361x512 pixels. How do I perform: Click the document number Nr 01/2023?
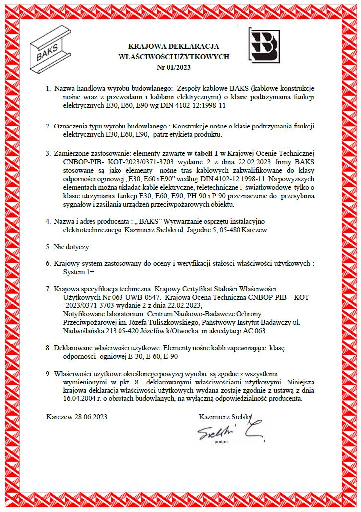point(174,67)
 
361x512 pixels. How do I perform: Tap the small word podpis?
point(221,441)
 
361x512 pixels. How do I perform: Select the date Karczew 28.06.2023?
point(77,417)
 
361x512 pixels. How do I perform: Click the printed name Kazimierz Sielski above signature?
point(225,417)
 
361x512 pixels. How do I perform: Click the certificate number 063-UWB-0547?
point(141,297)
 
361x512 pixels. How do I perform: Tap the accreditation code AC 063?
point(252,331)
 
